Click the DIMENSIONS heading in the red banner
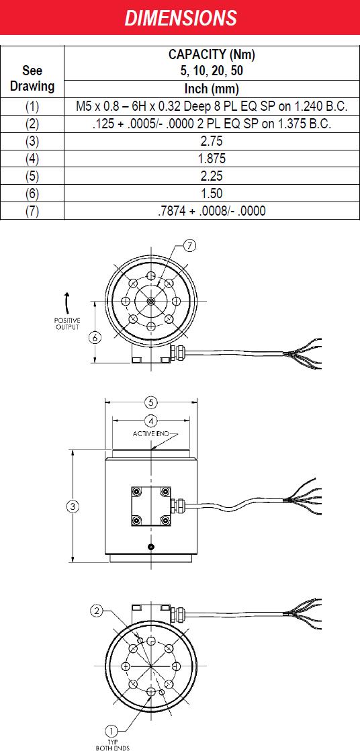[181, 18]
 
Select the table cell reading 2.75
[212, 141]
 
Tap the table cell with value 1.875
[212, 159]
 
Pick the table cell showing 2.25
[212, 176]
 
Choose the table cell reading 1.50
[212, 193]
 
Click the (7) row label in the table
[32, 211]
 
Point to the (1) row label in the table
[32, 107]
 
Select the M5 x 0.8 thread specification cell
[212, 107]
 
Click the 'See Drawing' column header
[32, 79]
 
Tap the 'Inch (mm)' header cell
[212, 89]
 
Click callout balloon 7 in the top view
[189, 247]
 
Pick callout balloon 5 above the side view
[151, 402]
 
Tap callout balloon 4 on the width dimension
[151, 421]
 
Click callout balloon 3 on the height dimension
[73, 506]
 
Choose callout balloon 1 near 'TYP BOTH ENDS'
[111, 731]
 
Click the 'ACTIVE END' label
[151, 433]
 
